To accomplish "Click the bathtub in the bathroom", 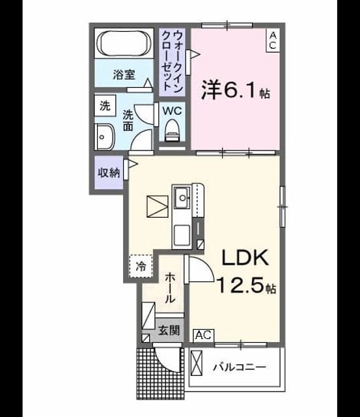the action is [124, 43].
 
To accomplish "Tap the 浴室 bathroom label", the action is [124, 75].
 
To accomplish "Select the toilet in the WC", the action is [172, 130].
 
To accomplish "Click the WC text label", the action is [172, 111].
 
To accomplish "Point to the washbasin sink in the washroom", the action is [104, 137].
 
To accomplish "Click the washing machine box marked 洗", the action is [105, 106].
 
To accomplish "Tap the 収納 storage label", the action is [109, 173].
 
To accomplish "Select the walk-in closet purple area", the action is [172, 63].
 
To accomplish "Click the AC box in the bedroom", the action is [273, 40].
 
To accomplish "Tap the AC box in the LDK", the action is [204, 336].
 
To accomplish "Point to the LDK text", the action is [245, 257].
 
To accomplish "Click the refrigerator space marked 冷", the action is [141, 266].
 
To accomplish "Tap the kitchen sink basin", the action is [182, 197].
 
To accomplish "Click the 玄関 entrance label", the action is [169, 330].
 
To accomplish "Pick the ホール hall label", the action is [170, 288].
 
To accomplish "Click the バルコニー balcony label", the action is [240, 367].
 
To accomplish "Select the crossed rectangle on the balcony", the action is [197, 363].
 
